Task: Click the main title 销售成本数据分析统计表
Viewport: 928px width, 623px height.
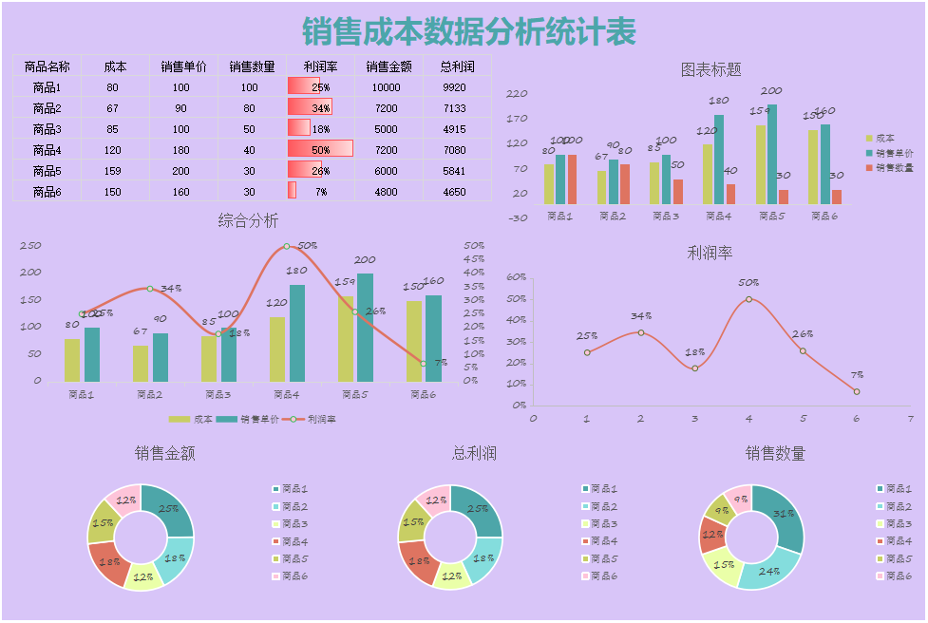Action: point(469,31)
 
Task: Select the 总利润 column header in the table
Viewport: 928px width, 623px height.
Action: point(457,66)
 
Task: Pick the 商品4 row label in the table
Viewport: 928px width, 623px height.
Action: point(47,150)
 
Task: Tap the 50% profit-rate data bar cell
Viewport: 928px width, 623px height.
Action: point(320,149)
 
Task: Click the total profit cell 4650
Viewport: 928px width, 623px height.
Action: point(455,192)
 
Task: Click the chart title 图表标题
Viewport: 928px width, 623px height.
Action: point(710,69)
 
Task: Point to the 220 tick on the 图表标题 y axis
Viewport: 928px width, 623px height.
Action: point(518,94)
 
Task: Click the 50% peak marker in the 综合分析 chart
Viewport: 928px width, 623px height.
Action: point(287,247)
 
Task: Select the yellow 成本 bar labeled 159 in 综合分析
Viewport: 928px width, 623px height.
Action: point(345,337)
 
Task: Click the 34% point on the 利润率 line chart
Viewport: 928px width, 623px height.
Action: point(640,332)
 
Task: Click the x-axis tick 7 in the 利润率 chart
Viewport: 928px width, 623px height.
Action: point(910,418)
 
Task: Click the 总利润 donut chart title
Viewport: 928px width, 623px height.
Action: point(474,454)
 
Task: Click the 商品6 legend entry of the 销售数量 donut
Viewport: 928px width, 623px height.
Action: point(897,576)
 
